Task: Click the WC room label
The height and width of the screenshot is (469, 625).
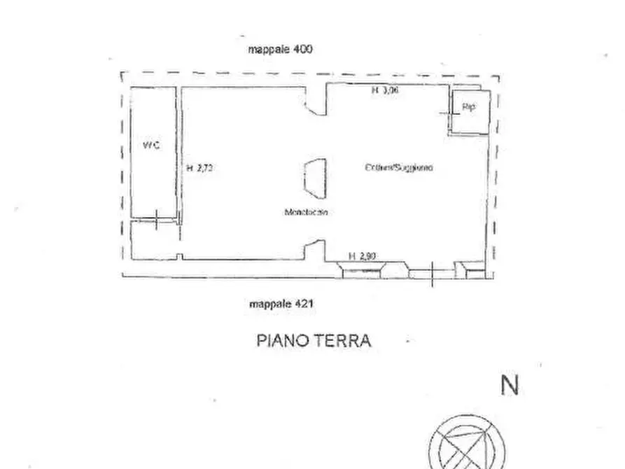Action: [150, 146]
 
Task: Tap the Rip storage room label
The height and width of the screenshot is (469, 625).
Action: [468, 107]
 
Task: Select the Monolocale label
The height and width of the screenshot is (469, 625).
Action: [306, 212]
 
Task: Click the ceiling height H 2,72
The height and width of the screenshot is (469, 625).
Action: [199, 168]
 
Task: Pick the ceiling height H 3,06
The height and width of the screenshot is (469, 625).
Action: [384, 90]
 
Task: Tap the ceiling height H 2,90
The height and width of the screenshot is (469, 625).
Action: [363, 255]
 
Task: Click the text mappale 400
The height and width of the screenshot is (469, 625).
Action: [280, 49]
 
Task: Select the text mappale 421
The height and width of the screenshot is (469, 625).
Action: [281, 304]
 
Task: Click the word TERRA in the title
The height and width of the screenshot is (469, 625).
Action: [344, 341]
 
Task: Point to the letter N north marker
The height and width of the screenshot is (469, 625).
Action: [510, 386]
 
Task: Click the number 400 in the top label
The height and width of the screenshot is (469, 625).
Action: [303, 49]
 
